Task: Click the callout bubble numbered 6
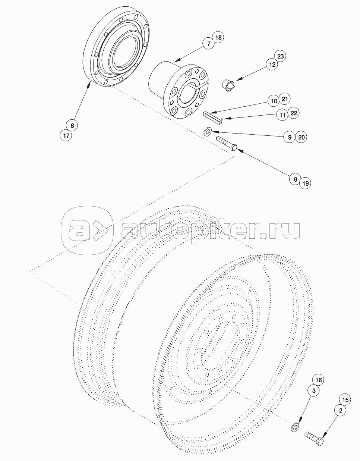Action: coord(72,126)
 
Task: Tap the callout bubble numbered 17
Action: coord(66,135)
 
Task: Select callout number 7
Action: coord(209,44)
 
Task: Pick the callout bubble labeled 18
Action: coord(218,37)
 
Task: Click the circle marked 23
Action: coord(280,56)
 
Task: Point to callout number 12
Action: coord(272,65)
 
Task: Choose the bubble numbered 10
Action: coord(274,101)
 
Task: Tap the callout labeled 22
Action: coord(294,113)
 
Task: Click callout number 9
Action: coord(290,137)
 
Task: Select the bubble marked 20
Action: coord(301,137)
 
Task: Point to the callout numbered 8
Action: coord(296,179)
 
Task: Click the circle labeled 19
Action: coord(305,183)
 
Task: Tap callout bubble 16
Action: coord(319,380)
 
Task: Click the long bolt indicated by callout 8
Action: coord(227,144)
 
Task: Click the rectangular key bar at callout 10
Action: coord(213,117)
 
